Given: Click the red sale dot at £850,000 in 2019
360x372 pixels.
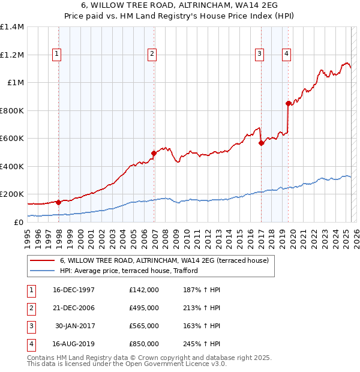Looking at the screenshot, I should coord(289,103).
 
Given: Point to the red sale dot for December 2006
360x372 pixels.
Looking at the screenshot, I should coord(154,153).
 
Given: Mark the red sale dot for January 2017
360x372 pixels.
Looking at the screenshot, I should coord(262,143).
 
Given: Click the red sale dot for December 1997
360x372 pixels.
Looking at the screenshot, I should coord(59,202).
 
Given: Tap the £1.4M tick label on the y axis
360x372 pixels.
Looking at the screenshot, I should coord(12,27).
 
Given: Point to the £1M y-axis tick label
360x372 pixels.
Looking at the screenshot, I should coord(16,83).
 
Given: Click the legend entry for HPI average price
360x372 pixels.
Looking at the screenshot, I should coord(128,271).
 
